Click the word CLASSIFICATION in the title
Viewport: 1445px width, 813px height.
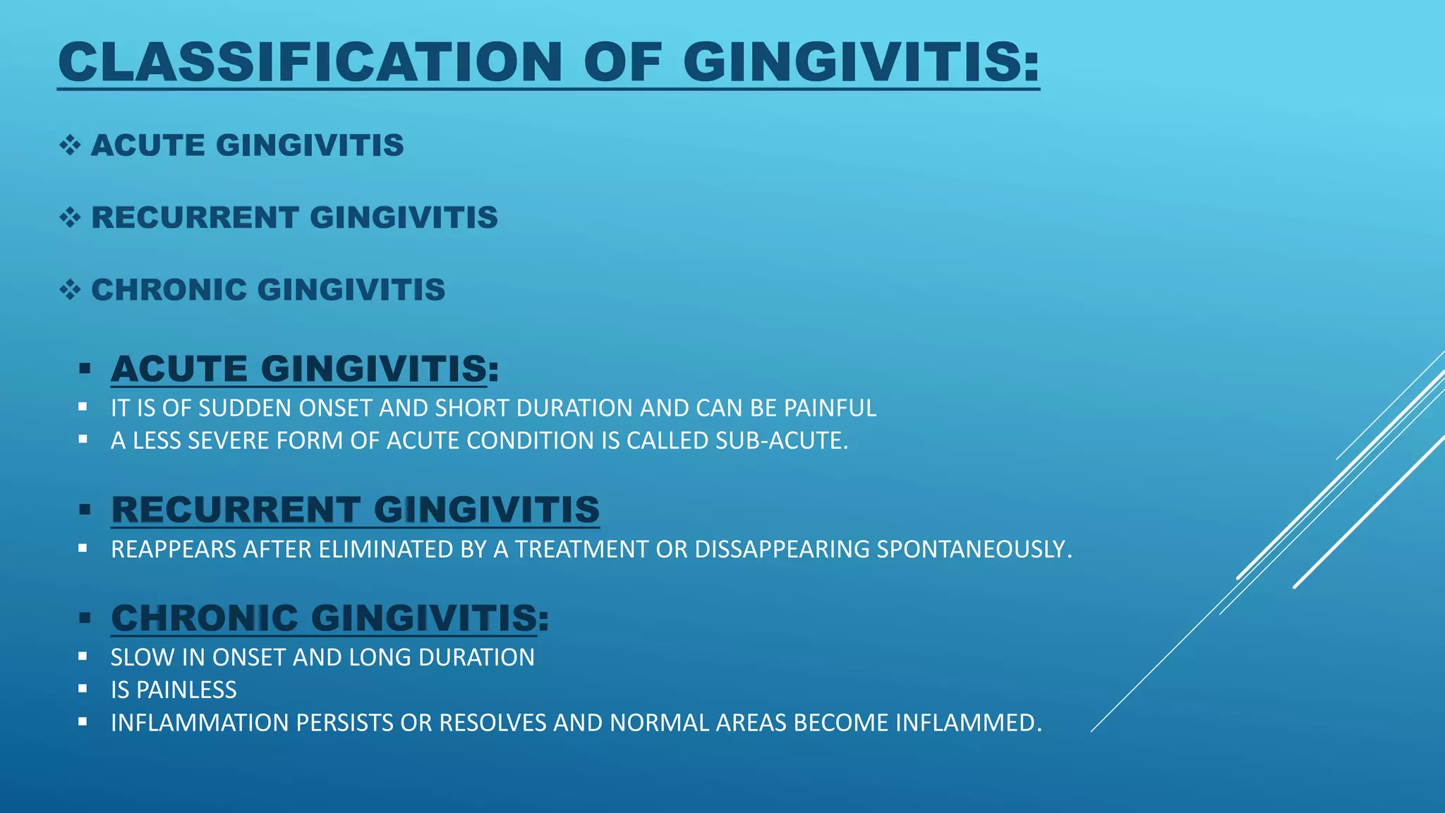(310, 62)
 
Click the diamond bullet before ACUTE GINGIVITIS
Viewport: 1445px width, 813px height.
(70, 145)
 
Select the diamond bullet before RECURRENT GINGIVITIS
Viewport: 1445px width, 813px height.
(70, 217)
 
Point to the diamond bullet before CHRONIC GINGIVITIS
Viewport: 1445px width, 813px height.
(70, 289)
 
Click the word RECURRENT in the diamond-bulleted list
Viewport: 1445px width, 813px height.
(195, 217)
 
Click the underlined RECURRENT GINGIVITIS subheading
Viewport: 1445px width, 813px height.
(355, 510)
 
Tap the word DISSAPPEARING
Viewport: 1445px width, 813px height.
(782, 549)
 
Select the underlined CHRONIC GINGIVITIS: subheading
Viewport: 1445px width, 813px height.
(329, 618)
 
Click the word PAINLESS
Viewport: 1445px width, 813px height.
(186, 689)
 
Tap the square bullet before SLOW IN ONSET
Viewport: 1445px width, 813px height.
(83, 656)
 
